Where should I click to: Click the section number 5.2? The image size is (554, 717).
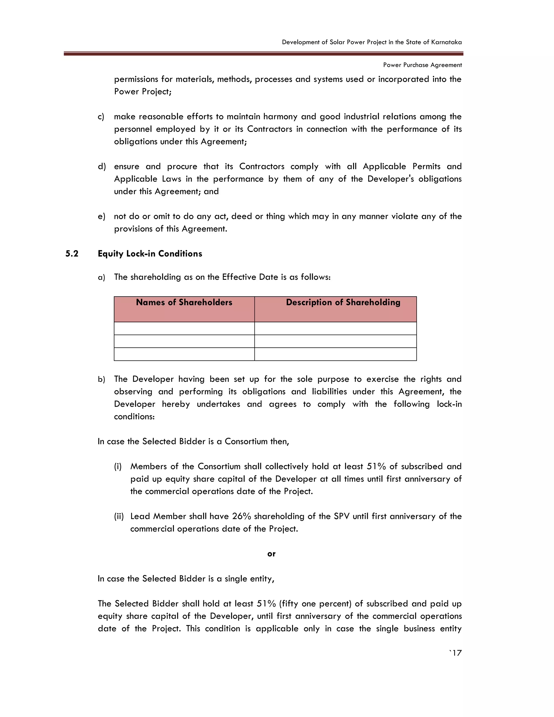pyautogui.click(x=72, y=254)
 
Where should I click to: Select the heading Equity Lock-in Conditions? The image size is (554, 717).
pyautogui.click(x=150, y=254)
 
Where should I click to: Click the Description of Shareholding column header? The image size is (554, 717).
pyautogui.click(x=343, y=302)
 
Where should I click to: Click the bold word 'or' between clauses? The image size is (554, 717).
pyautogui.click(x=271, y=554)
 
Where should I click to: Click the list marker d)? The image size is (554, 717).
pyautogui.click(x=101, y=166)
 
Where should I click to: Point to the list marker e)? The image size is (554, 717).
pyautogui.click(x=101, y=217)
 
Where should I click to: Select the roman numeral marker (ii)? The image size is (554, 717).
pyautogui.click(x=119, y=517)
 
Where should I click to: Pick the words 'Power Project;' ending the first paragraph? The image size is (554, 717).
pyautogui.click(x=143, y=92)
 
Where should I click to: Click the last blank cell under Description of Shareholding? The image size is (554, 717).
pyautogui.click(x=335, y=354)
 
